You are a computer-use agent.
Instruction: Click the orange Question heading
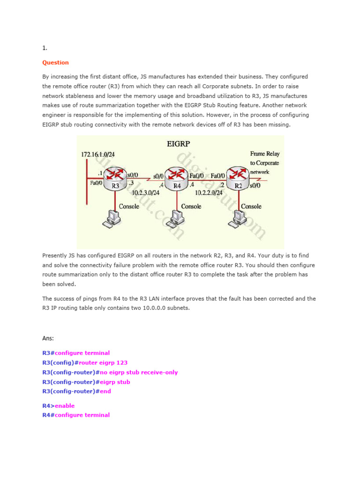(55, 62)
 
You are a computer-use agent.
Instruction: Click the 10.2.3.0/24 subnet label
(146, 192)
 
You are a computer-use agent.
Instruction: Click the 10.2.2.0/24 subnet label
(209, 192)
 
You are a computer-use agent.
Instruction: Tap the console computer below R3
(112, 218)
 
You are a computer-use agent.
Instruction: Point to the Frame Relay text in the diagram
(265, 154)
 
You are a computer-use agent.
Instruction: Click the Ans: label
(48, 338)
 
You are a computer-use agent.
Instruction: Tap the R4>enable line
(58, 405)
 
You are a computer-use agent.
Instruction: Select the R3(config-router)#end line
(76, 391)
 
